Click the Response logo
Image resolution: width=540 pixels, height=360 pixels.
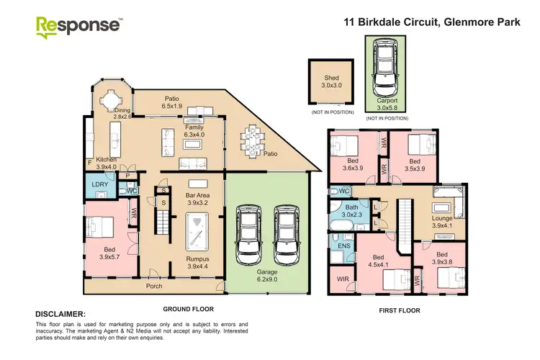tap(79, 26)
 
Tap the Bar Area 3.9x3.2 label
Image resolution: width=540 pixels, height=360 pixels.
tap(197, 199)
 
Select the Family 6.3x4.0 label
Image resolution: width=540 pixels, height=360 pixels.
tap(194, 130)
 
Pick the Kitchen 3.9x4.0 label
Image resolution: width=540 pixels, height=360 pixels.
tap(107, 163)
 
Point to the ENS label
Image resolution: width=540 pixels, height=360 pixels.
tap(344, 246)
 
